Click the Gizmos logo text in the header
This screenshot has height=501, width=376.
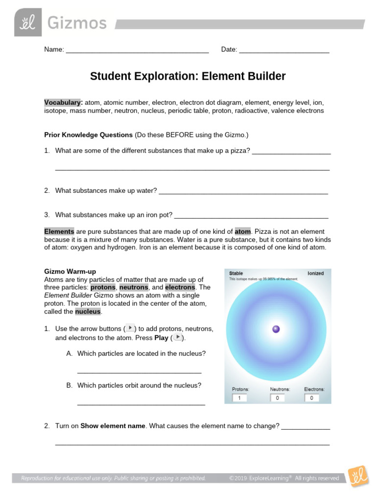[x=76, y=23]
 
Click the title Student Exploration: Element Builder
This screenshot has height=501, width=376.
[x=188, y=76]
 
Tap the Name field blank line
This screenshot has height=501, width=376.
[x=137, y=50]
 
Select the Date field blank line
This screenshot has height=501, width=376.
[x=284, y=50]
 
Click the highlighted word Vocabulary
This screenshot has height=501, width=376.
[x=62, y=103]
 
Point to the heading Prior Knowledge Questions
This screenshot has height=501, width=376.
[x=89, y=135]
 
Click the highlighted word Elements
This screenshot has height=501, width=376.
[x=59, y=231]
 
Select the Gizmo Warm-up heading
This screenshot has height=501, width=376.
[x=70, y=272]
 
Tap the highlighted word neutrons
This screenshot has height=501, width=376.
[x=134, y=287]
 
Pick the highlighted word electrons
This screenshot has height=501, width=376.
[x=180, y=287]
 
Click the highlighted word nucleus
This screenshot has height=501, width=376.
[x=88, y=311]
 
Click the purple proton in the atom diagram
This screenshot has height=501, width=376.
[x=276, y=329]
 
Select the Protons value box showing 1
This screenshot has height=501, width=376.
[x=239, y=398]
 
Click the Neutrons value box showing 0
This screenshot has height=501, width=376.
[x=277, y=398]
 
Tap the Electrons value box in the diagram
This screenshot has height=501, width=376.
[x=311, y=398]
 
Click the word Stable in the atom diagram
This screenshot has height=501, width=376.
[x=236, y=273]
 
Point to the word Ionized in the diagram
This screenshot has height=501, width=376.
[x=315, y=273]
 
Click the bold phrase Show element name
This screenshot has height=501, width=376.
[x=113, y=426]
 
